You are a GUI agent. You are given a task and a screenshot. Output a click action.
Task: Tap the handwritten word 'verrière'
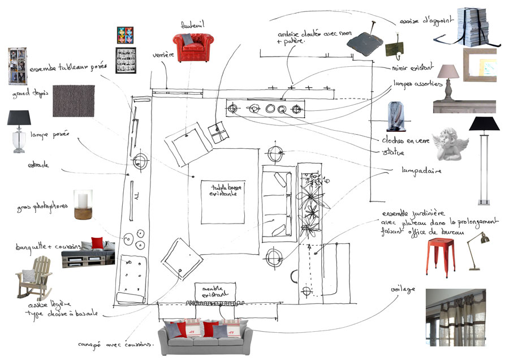pyautogui.click(x=162, y=55)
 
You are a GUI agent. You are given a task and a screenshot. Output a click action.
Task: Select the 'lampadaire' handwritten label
pyautogui.click(x=421, y=170)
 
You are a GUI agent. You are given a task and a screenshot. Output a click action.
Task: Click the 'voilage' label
pyautogui.click(x=403, y=290)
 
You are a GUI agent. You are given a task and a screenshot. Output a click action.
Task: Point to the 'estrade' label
pyautogui.click(x=38, y=166)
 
